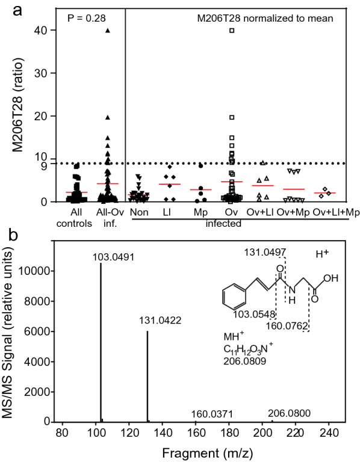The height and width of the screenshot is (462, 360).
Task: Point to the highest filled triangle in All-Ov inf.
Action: click(x=108, y=30)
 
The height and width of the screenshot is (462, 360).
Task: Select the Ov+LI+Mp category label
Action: click(x=329, y=212)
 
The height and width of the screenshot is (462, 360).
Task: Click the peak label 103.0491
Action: click(x=113, y=257)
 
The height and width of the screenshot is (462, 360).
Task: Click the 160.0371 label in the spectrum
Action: click(x=212, y=414)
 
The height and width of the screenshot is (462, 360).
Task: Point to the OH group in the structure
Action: click(x=332, y=279)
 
